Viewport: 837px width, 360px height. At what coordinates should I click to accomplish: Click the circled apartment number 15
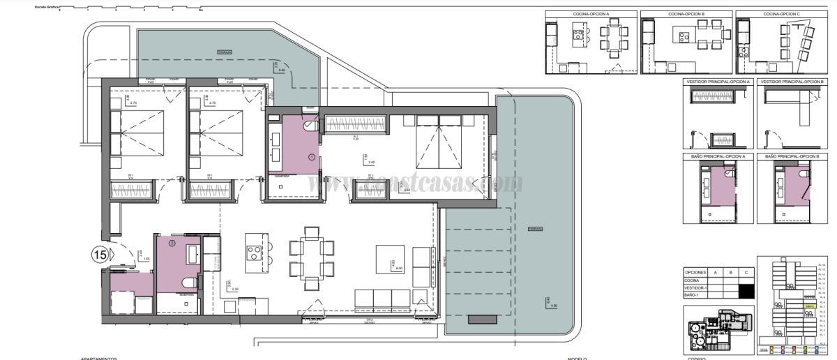[x=100, y=255]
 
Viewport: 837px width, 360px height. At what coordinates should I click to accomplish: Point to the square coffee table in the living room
[x=390, y=259]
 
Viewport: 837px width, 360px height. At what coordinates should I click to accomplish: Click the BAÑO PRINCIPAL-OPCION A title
[x=716, y=158]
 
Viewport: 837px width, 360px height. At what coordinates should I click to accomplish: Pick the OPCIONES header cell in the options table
[x=696, y=272]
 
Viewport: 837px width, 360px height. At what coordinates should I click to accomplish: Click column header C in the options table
[x=747, y=272]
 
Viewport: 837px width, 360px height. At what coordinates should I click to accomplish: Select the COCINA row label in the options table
[x=693, y=280]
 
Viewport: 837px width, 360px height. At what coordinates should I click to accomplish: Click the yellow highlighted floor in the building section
[x=809, y=306]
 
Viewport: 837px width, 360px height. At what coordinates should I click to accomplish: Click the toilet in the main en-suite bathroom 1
[x=310, y=126]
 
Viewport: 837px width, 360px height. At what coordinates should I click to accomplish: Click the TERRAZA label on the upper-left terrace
[x=223, y=52]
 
